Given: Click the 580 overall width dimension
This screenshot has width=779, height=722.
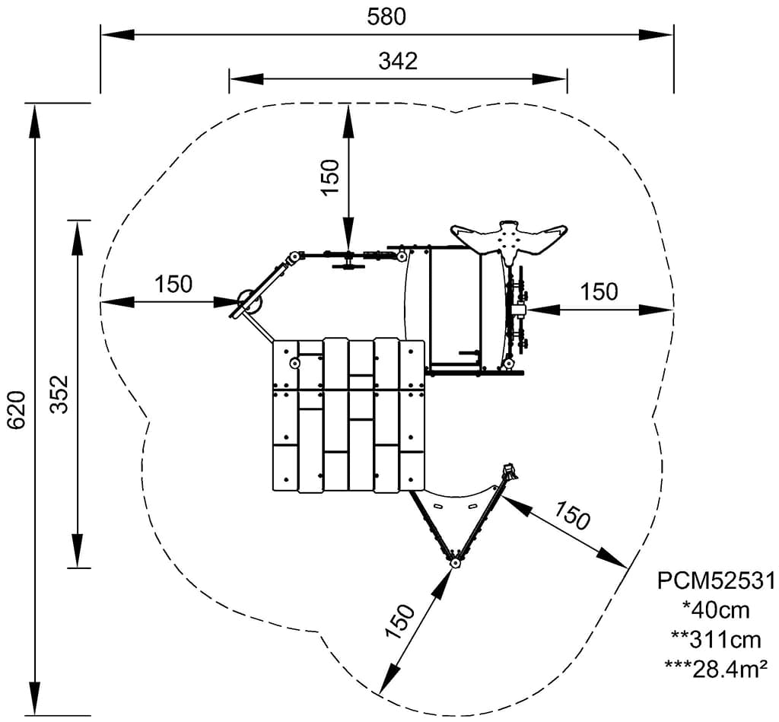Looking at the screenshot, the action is pyautogui.click(x=386, y=17).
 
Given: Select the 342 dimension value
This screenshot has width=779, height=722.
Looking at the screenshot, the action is pyautogui.click(x=398, y=61).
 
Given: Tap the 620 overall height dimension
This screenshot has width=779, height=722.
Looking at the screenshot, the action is pyautogui.click(x=17, y=410).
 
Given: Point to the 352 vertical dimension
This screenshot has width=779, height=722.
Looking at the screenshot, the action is pyautogui.click(x=60, y=394).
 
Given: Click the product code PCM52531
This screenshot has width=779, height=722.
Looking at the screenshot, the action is pyautogui.click(x=716, y=581).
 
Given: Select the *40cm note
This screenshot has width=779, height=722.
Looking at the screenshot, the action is pyautogui.click(x=716, y=610).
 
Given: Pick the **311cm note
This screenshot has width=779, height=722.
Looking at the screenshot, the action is pyautogui.click(x=716, y=640).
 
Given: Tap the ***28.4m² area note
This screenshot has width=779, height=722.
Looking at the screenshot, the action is pyautogui.click(x=716, y=669).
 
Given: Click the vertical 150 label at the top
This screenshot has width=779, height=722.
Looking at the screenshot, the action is pyautogui.click(x=330, y=177).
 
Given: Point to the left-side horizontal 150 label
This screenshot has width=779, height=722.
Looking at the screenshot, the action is pyautogui.click(x=173, y=285).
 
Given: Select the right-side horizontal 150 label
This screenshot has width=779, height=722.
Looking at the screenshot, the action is pyautogui.click(x=599, y=291).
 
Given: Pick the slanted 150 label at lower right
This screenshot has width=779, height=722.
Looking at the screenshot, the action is pyautogui.click(x=572, y=516).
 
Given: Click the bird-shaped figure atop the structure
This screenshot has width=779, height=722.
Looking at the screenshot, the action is pyautogui.click(x=510, y=241).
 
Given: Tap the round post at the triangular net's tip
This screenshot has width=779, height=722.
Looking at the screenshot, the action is pyautogui.click(x=454, y=564).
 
